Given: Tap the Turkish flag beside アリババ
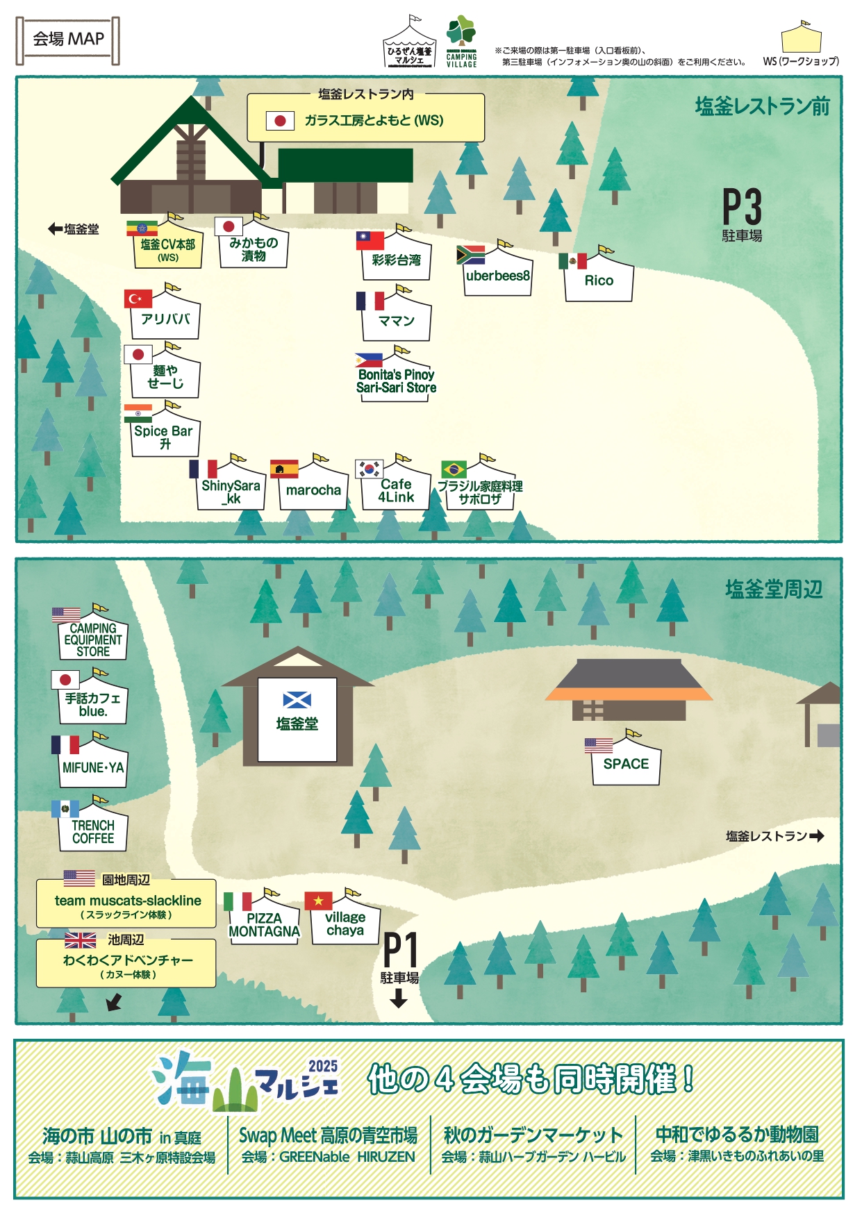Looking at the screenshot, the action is click(x=138, y=299).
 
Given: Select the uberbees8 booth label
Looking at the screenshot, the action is click(x=497, y=276).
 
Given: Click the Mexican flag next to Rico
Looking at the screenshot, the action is click(x=572, y=261).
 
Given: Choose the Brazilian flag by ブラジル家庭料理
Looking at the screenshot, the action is click(x=454, y=469).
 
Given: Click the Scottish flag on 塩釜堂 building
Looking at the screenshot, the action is click(x=297, y=700).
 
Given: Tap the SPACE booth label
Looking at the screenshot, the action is click(x=626, y=764).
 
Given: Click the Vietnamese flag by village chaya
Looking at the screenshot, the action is click(x=318, y=901).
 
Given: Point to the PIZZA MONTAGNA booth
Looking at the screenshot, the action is click(x=265, y=917).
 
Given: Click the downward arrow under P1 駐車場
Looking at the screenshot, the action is click(x=399, y=998).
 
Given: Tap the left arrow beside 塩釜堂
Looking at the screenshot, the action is click(x=56, y=228).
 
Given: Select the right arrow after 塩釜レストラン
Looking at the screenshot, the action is click(x=817, y=835).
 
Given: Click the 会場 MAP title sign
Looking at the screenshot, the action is click(x=68, y=40).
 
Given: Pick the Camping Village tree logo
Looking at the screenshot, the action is click(x=461, y=31).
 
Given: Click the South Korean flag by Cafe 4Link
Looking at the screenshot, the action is click(x=369, y=469).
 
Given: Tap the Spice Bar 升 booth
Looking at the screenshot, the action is click(x=165, y=431).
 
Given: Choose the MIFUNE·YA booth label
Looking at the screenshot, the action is click(x=93, y=767).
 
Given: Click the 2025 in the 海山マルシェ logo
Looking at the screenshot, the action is click(x=323, y=1066).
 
